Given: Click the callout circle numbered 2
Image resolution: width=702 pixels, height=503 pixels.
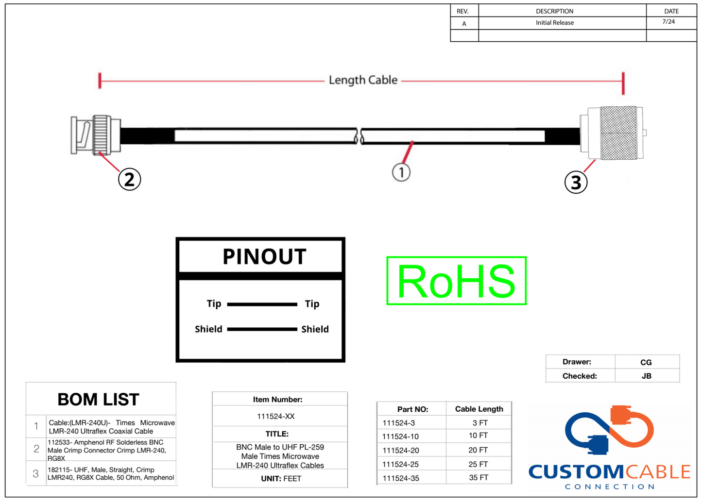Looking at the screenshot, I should click(x=129, y=179).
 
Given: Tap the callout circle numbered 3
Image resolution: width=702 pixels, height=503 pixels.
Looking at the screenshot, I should click(x=576, y=182).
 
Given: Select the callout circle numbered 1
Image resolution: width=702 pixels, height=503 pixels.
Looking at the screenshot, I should click(x=401, y=172).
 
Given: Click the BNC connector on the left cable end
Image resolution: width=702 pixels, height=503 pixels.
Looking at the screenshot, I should click(x=96, y=135).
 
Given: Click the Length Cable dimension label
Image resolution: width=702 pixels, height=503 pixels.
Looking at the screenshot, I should click(x=363, y=80).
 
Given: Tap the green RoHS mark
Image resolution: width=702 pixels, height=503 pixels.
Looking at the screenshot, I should click(x=456, y=281).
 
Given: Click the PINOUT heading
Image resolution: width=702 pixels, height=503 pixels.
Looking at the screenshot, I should click(x=264, y=256).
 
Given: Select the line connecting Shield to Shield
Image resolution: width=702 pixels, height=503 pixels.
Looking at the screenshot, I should click(x=262, y=329).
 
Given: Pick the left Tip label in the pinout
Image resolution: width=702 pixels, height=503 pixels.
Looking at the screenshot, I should click(x=214, y=304).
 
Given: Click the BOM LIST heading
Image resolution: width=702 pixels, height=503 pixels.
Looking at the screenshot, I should click(x=98, y=400).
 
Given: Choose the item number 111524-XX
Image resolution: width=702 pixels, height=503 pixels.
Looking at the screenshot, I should click(x=276, y=417).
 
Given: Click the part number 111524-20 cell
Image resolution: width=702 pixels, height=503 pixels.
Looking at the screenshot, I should click(x=401, y=451).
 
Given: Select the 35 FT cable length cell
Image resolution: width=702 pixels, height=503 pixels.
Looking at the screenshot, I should click(x=479, y=478).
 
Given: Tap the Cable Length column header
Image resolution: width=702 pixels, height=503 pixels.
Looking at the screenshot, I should click(x=479, y=409).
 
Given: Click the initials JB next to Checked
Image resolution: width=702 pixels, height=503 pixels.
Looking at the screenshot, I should click(x=646, y=376).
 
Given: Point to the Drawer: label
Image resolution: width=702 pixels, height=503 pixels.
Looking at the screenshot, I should click(x=577, y=362).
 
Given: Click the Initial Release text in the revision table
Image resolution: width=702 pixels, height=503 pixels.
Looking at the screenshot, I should click(x=555, y=23).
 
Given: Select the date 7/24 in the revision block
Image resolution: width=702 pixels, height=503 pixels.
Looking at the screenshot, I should click(x=668, y=22).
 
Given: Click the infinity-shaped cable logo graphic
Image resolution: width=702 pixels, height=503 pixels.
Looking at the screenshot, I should click(x=609, y=430).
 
